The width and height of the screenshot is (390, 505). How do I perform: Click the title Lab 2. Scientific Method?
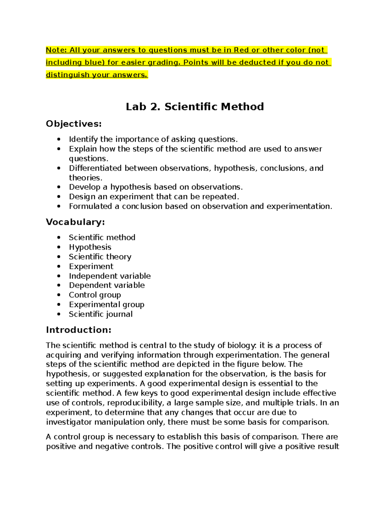[x=195, y=107]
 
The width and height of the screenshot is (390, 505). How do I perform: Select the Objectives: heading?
[x=74, y=124]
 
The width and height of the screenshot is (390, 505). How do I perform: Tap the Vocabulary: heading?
[x=75, y=222]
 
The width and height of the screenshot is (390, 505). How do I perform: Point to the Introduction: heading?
[x=79, y=330]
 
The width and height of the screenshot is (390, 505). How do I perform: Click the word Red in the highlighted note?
[x=241, y=50]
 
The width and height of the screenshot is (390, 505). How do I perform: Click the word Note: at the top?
[x=56, y=50]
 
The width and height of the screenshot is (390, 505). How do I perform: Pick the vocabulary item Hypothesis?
[x=90, y=247]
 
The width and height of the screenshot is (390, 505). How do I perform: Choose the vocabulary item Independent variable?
[x=110, y=276]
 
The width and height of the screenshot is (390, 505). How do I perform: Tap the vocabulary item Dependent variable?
[x=107, y=285]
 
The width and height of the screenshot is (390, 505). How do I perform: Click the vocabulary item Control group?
[x=95, y=295]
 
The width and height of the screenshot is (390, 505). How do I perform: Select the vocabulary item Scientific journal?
[x=101, y=314]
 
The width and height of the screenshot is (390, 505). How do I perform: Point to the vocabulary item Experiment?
[x=91, y=266]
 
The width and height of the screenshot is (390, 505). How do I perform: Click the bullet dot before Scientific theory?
[x=59, y=257]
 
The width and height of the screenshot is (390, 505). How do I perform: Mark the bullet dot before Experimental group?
[x=59, y=305]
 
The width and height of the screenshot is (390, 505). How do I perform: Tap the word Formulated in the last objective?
[x=90, y=206]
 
